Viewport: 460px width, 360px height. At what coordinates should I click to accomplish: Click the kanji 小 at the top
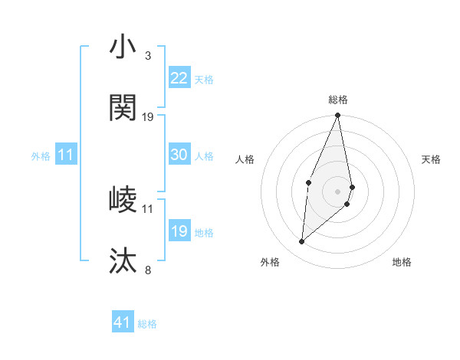pyautogui.click(x=123, y=47)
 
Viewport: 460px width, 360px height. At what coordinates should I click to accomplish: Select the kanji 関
pyautogui.click(x=123, y=108)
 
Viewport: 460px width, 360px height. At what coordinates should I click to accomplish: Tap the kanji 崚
pyautogui.click(x=123, y=200)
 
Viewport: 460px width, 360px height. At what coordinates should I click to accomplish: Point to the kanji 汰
pyautogui.click(x=123, y=261)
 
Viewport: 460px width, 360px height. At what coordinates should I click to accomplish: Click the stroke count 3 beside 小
pyautogui.click(x=147, y=56)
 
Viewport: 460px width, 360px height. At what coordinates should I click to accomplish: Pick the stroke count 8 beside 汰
pyautogui.click(x=147, y=270)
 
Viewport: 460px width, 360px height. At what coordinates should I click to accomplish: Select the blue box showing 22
pyautogui.click(x=179, y=78)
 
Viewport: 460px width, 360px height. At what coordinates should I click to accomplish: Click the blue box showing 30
pyautogui.click(x=179, y=155)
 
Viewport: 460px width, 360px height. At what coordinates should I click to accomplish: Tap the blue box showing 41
pyautogui.click(x=123, y=322)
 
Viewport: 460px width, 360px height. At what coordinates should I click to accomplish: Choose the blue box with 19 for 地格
pyautogui.click(x=179, y=231)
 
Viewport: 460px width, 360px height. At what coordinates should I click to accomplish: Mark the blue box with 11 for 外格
pyautogui.click(x=66, y=155)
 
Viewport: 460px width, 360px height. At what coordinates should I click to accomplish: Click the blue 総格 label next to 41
pyautogui.click(x=147, y=324)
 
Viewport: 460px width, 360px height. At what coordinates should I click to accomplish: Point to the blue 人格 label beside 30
pyautogui.click(x=204, y=156)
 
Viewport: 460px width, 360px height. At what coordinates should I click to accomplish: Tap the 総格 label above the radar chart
pyautogui.click(x=338, y=100)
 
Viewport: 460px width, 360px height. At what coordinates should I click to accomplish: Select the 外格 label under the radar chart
pyautogui.click(x=270, y=262)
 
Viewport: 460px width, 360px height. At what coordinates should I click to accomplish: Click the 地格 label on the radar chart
pyautogui.click(x=402, y=262)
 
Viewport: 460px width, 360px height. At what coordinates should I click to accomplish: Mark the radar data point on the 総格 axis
pyautogui.click(x=338, y=115)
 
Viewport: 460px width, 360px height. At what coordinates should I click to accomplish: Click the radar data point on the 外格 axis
pyautogui.click(x=302, y=242)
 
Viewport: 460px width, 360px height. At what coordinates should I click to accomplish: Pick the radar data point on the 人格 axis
pyautogui.click(x=308, y=182)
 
